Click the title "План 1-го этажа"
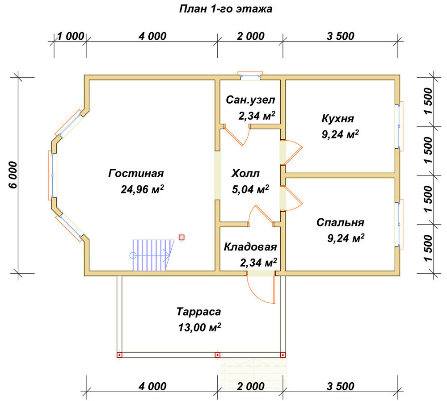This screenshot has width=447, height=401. [225, 9]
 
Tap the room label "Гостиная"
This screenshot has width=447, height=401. [136, 173]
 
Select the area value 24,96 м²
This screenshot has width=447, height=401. [142, 189]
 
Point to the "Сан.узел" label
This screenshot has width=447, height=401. [250, 100]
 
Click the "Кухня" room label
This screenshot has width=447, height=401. [337, 118]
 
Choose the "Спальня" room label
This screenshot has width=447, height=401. [340, 222]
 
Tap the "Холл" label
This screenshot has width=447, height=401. [245, 173]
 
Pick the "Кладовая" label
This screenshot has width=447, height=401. [250, 247]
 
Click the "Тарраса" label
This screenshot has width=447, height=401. [199, 312]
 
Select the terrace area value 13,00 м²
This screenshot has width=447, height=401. [199, 327]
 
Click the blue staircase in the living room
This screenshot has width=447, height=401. [153, 255]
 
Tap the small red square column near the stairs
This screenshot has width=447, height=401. [181, 237]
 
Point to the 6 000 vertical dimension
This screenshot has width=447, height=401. [13, 175]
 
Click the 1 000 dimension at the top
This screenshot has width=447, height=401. [71, 36]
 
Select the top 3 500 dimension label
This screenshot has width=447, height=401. [340, 36]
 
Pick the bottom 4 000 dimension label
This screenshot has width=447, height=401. [152, 386]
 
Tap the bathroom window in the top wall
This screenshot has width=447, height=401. [250, 75]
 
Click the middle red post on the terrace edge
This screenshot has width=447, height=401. [218, 355]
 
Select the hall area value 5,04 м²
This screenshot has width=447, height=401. [250, 189]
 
